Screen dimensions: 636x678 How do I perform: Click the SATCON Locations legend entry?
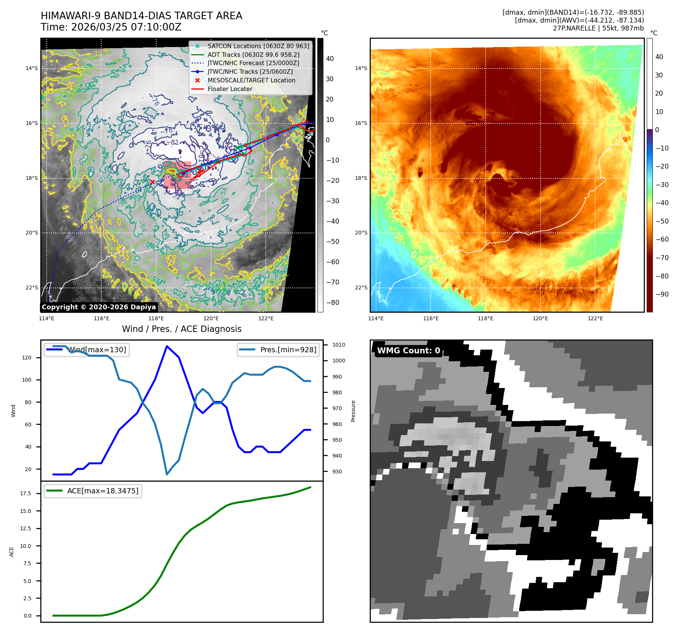[258, 46]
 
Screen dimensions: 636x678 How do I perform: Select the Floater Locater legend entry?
[230, 89]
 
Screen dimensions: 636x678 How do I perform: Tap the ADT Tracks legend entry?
[253, 55]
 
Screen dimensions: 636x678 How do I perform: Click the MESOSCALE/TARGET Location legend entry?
[251, 80]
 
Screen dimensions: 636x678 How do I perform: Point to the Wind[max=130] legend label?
[97, 350]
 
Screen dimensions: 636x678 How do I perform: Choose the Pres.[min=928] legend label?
[288, 350]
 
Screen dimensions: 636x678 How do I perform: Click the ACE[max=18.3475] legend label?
[102, 491]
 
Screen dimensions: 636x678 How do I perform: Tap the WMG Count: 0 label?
[408, 350]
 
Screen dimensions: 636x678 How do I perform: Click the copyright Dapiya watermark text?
[99, 307]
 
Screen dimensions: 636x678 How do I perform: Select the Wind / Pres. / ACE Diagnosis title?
[181, 329]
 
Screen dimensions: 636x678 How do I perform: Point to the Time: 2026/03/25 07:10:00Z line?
[111, 27]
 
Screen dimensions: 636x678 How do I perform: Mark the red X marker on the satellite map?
[152, 182]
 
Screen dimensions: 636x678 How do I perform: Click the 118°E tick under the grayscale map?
[156, 318]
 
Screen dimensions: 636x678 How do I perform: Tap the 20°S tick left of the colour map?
[361, 233]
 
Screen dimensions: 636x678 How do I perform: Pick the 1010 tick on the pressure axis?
[338, 345]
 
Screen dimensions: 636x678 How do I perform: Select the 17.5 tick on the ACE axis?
[26, 493]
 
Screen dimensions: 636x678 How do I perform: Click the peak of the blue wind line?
[167, 346]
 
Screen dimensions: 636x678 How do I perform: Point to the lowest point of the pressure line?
[167, 474]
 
